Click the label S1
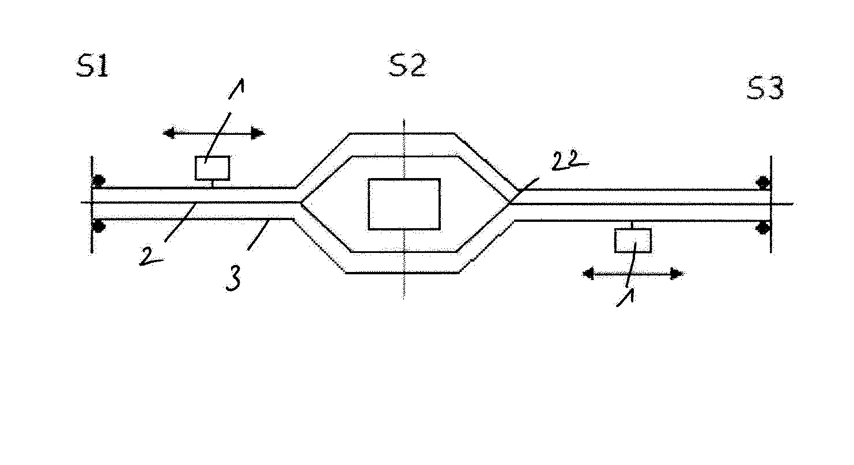click(x=93, y=66)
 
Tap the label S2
click(x=407, y=65)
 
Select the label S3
click(x=765, y=88)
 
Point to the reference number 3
click(x=233, y=278)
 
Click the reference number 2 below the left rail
click(x=150, y=256)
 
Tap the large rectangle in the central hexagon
click(x=404, y=205)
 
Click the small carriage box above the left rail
click(x=213, y=168)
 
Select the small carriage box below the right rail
click(x=633, y=240)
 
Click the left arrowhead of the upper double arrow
click(x=169, y=133)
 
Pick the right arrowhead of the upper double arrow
click(x=258, y=134)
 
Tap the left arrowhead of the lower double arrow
click(x=588, y=274)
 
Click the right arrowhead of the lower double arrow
click(x=677, y=274)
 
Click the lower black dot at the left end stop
click(x=99, y=226)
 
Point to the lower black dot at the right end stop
click(x=764, y=228)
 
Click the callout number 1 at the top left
click(x=236, y=89)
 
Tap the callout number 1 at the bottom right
click(x=626, y=297)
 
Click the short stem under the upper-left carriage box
click(x=213, y=184)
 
